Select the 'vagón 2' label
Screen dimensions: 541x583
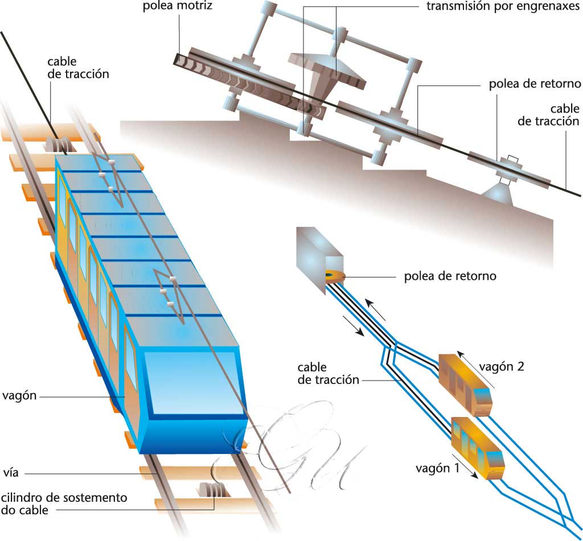pyautogui.click(x=501, y=366)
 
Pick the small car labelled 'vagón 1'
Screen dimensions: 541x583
pyautogui.click(x=478, y=448)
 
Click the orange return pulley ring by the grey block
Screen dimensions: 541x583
pyautogui.click(x=334, y=277)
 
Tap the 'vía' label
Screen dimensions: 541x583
pyautogui.click(x=10, y=473)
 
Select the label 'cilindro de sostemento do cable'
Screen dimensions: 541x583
pyautogui.click(x=63, y=503)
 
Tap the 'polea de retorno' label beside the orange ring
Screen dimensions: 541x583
pyautogui.click(x=450, y=276)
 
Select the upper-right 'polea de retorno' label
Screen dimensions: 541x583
pyautogui.click(x=535, y=84)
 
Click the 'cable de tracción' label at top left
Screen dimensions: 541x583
pyautogui.click(x=78, y=67)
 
